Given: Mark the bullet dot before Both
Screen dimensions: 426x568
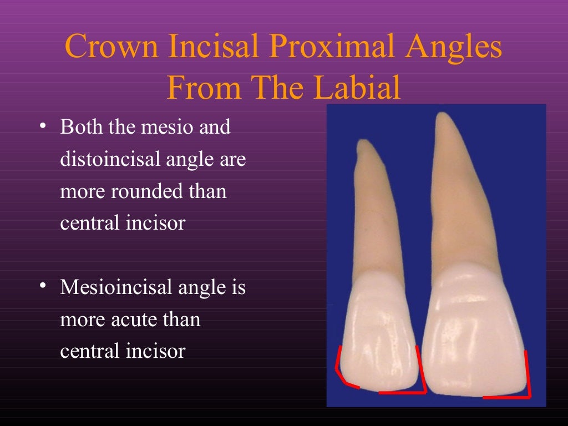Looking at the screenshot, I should (x=43, y=127).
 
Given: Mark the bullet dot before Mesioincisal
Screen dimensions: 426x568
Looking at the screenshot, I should (x=43, y=287).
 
